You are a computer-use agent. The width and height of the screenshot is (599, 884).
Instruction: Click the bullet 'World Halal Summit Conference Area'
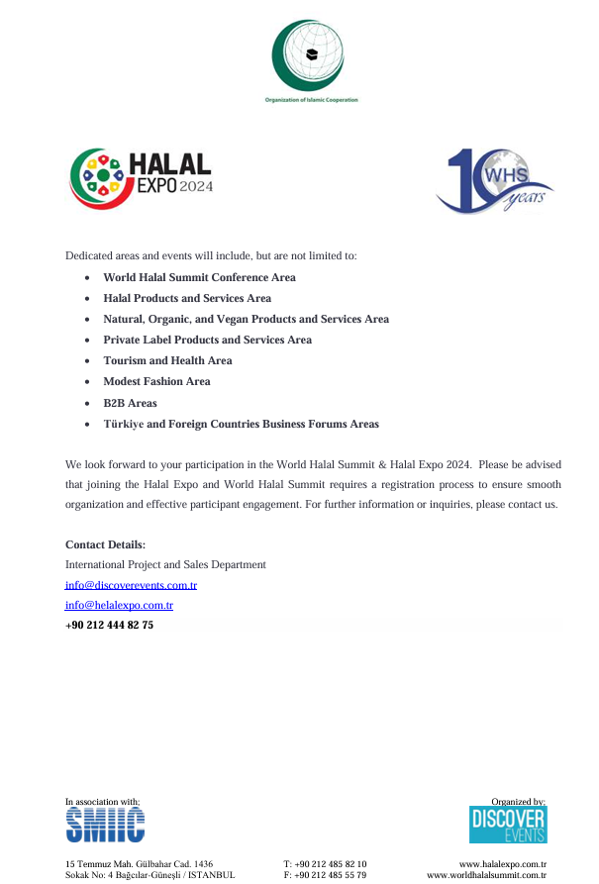click(199, 277)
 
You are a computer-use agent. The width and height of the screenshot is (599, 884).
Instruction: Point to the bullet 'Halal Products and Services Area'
click(187, 298)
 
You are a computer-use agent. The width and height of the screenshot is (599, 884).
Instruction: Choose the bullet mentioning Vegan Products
click(246, 319)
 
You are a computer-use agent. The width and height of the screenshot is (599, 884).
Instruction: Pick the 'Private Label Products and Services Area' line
click(207, 340)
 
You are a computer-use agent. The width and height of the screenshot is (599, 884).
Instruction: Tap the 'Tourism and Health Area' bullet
click(167, 360)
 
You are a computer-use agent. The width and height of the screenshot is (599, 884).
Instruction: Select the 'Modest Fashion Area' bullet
click(156, 381)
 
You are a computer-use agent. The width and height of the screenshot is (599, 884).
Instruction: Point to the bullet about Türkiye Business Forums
click(241, 424)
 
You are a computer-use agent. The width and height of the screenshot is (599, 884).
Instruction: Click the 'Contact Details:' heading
click(105, 544)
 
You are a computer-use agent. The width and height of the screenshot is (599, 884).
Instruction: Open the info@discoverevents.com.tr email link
click(131, 585)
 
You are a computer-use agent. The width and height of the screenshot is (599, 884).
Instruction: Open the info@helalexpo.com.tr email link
click(119, 605)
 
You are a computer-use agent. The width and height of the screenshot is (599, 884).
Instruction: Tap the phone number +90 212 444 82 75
click(109, 625)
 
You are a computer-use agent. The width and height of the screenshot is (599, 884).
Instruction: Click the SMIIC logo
click(105, 825)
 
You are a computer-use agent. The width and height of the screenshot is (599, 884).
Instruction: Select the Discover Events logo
click(507, 825)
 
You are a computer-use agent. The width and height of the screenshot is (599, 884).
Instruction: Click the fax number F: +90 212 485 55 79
click(325, 875)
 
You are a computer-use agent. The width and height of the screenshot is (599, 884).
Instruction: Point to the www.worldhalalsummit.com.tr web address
click(486, 875)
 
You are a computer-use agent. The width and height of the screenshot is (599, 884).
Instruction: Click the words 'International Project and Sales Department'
click(165, 564)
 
